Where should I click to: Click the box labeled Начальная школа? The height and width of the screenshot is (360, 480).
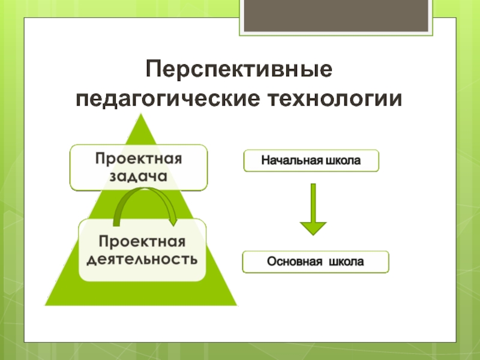[x=311, y=161]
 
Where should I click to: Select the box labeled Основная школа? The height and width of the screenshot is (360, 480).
[x=315, y=262]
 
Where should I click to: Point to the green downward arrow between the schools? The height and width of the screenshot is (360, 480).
[x=313, y=207]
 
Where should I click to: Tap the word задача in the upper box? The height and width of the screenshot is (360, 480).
[x=139, y=176]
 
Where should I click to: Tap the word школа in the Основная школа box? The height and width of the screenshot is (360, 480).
[x=348, y=262]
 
